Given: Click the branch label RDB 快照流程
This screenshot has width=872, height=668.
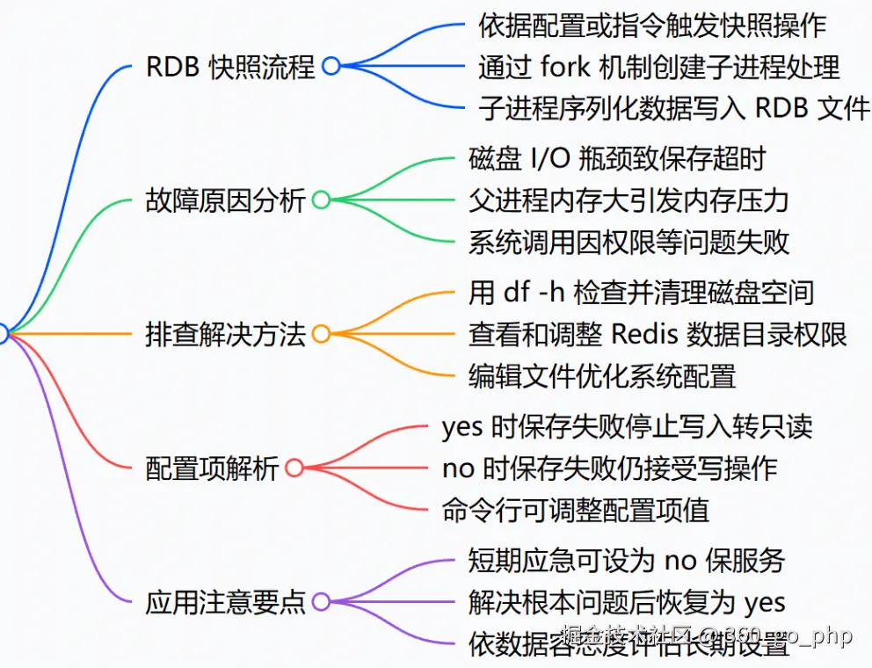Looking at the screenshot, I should pos(229,67).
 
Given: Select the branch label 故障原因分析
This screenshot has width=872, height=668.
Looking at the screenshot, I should pos(225,200).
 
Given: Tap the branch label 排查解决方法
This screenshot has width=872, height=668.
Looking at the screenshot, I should pos(225,334).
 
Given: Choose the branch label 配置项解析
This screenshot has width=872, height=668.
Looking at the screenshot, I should pos(212,468).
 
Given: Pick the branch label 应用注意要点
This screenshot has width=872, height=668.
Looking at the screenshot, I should pos(225,601).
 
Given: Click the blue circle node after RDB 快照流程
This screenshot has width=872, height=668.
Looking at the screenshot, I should pos(331,67).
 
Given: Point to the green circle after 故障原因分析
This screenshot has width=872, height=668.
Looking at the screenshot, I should pos(321,200).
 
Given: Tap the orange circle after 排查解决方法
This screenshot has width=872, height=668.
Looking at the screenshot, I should pos(321,334).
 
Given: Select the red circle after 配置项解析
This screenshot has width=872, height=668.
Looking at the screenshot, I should pos(294,468).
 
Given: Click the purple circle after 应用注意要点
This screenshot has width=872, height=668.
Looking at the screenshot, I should pos(321,601).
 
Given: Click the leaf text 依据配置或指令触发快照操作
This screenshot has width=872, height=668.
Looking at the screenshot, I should pos(652,25).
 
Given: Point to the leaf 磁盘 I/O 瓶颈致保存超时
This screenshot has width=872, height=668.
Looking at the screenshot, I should pos(617,158).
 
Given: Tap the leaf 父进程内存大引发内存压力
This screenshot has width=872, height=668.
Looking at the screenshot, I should pos(629,200).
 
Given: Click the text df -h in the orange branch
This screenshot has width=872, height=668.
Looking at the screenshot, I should pos(538,292).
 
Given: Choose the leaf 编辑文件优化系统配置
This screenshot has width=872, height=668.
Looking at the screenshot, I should pos(602,376).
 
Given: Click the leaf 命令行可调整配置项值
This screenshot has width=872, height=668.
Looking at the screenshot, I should pos(576,510).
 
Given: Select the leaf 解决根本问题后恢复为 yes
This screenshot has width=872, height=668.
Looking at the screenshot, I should pos(627,602).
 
